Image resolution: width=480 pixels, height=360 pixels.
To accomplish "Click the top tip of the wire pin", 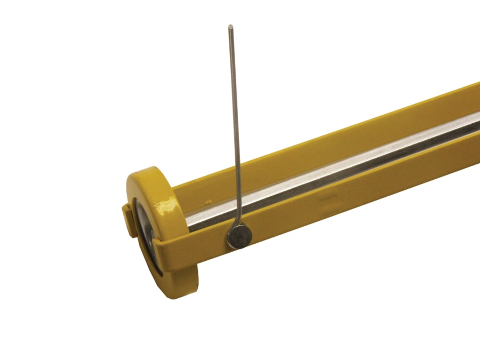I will pos(230,27).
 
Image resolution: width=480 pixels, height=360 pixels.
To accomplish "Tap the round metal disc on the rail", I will pos(238,235).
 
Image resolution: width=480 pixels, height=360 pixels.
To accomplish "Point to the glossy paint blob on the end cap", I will pos(166,205).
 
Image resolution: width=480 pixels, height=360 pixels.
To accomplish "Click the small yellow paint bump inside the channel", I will pos(207,202).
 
